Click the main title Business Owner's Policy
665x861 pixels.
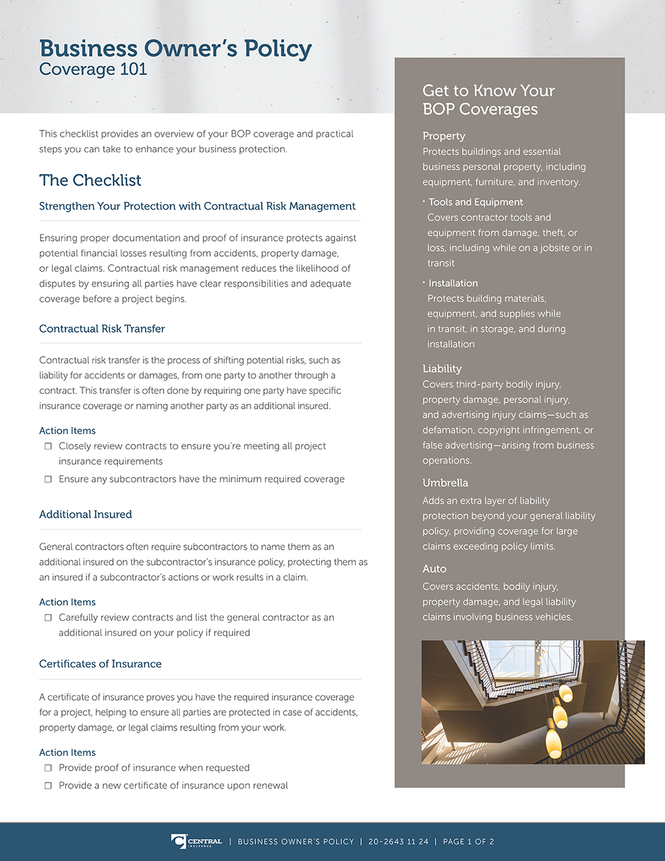pos(175,49)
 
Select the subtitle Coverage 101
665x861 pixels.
pos(93,69)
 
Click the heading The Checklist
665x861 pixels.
pos(90,180)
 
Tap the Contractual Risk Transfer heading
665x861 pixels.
pos(102,329)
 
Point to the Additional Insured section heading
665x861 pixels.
pos(85,514)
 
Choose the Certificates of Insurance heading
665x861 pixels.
pos(100,664)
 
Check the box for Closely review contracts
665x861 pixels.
pos(48,446)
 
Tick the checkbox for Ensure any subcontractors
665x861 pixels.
pos(48,479)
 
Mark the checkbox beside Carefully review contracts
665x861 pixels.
pos(48,617)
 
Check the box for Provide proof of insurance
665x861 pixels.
pos(48,768)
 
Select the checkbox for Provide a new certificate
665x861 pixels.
pos(48,786)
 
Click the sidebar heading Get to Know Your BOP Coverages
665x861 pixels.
pos(488,100)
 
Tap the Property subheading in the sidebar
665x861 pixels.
pos(444,136)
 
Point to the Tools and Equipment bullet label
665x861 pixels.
pos(475,202)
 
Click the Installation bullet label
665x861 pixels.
pos(453,283)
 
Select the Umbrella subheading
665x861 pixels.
pos(445,483)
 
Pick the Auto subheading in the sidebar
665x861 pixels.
pos(434,569)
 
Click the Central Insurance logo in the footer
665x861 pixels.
pos(196,842)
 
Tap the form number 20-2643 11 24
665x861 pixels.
pos(398,842)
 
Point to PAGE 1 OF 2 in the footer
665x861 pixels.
pos(468,842)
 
